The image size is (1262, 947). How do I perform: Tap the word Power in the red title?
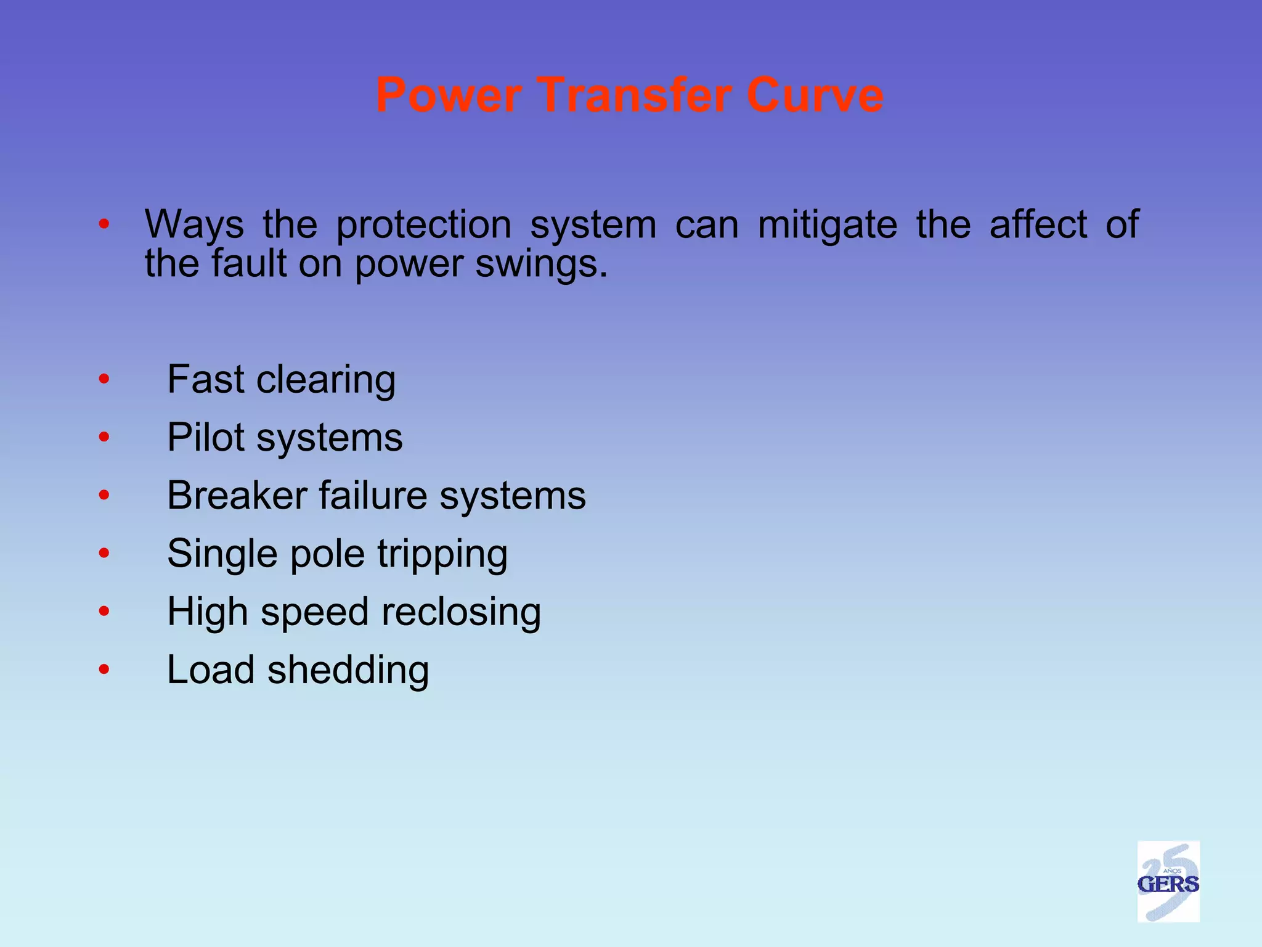449,96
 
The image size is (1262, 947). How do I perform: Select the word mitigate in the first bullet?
827,224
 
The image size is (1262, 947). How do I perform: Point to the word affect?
1038,224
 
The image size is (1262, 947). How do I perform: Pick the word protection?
423,226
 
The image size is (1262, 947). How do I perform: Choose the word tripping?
442,554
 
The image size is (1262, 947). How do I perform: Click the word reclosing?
461,612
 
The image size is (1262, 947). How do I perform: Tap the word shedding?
348,670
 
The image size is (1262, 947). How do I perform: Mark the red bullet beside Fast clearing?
104,379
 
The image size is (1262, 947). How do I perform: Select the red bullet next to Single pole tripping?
104,553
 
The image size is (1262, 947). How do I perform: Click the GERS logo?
1168,882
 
